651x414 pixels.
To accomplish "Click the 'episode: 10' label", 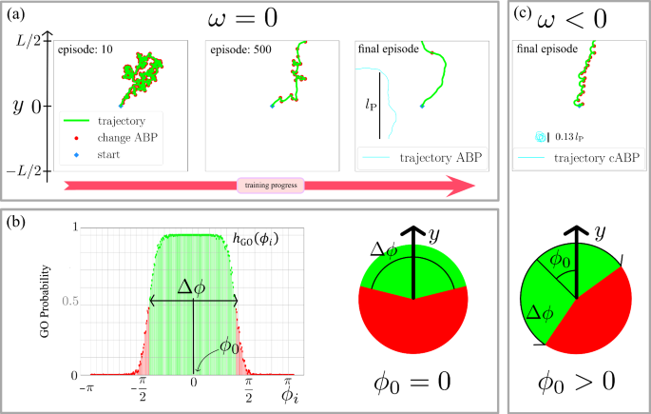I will pos(87,49).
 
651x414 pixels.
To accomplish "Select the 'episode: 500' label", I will pos(241,49).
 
